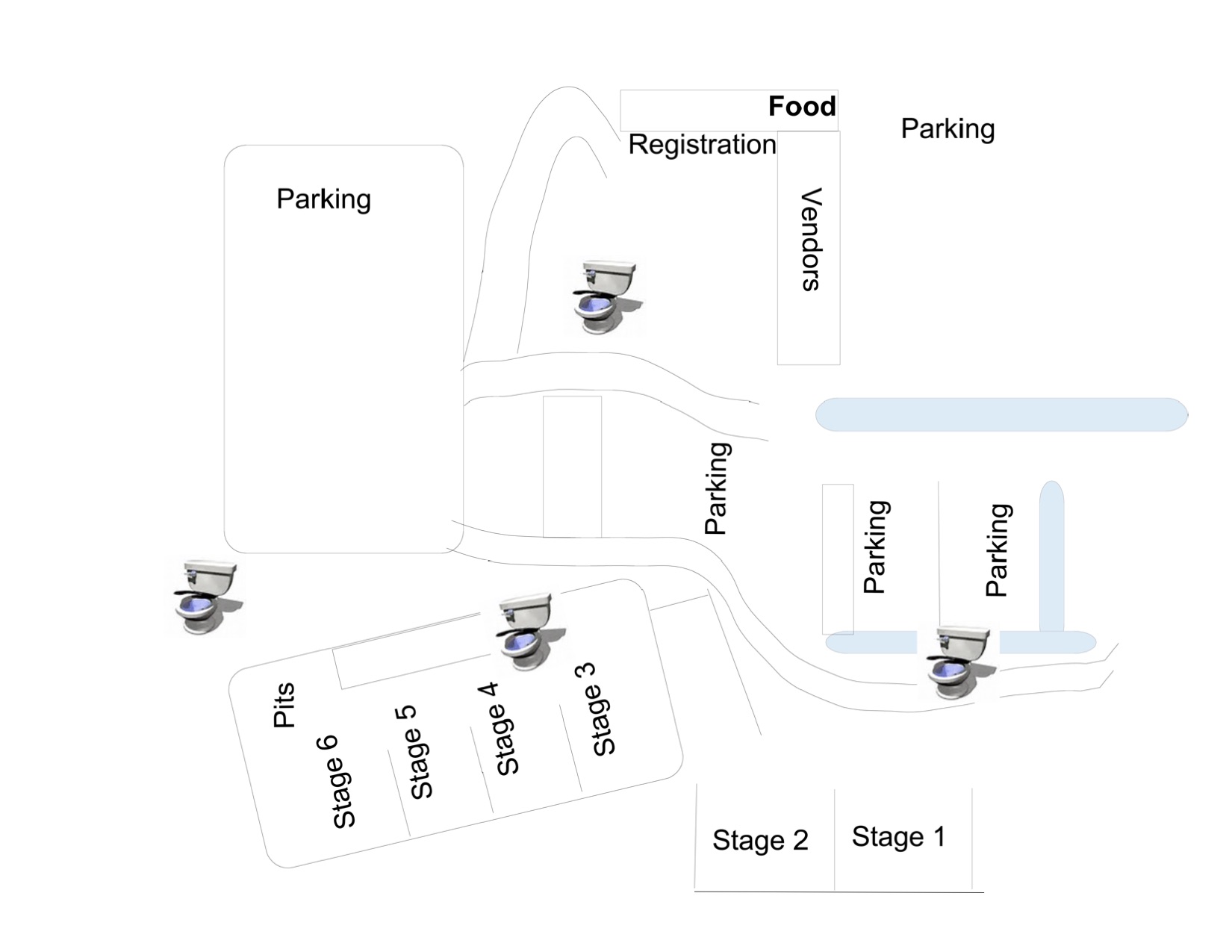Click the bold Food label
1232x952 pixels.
pyautogui.click(x=802, y=107)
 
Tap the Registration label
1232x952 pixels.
pyautogui.click(x=702, y=145)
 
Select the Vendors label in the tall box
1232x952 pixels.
pyautogui.click(x=810, y=239)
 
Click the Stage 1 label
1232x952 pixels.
pyautogui.click(x=898, y=837)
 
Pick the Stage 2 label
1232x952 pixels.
pyautogui.click(x=760, y=841)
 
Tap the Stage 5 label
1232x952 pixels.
pyautogui.click(x=413, y=753)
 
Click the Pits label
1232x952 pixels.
pyautogui.click(x=284, y=705)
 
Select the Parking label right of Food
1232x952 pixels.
pyautogui.click(x=948, y=129)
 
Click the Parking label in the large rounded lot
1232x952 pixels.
pyautogui.click(x=323, y=199)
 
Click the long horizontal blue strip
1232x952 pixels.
pyautogui.click(x=1001, y=414)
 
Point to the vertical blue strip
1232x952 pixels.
pyautogui.click(x=1051, y=556)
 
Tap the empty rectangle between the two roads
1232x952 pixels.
pyautogui.click(x=572, y=467)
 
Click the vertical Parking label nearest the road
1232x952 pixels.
pyautogui.click(x=718, y=488)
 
